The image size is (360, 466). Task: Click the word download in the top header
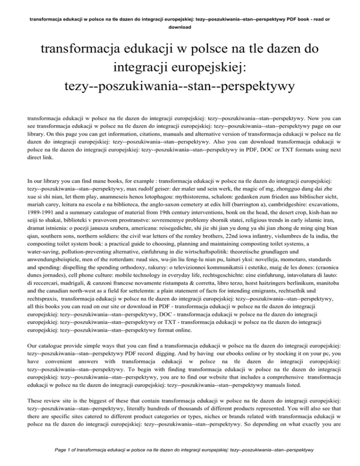(x=180, y=27)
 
